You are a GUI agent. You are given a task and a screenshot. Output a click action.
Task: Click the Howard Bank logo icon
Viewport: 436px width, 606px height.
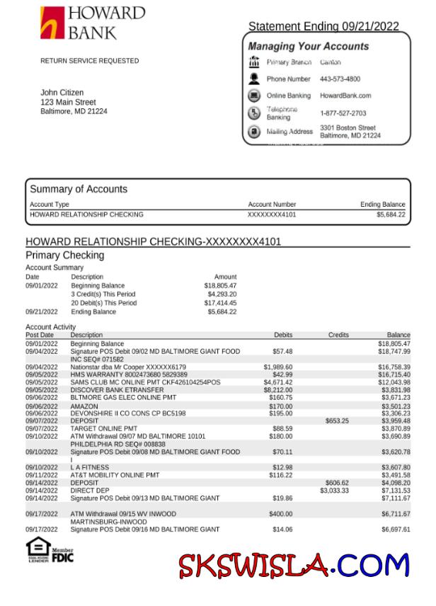point(51,23)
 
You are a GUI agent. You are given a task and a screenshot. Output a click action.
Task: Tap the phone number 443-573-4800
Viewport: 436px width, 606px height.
point(340,79)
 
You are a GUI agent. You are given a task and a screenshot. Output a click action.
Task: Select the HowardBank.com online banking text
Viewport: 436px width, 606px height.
point(345,96)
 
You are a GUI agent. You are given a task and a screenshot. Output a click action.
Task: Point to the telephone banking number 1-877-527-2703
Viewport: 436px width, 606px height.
point(343,113)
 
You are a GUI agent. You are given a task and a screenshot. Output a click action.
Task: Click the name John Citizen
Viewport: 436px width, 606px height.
point(62,93)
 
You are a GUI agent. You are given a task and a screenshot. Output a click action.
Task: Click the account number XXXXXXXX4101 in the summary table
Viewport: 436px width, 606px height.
point(272,215)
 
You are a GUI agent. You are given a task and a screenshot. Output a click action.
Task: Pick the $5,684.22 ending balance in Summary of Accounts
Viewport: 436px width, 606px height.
point(391,215)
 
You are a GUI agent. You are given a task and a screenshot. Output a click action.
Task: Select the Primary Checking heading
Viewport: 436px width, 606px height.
point(64,255)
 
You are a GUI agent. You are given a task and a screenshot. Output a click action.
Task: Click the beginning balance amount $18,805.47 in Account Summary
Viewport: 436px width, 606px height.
point(220,285)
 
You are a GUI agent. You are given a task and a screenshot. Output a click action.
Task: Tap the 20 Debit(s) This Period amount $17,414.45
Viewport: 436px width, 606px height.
point(220,303)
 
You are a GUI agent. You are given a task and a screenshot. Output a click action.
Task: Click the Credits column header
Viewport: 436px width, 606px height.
point(338,335)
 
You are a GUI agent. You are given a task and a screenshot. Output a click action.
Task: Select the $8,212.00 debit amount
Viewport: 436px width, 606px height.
point(278,390)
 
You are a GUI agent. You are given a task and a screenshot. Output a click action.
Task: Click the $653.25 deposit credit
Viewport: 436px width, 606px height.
point(337,421)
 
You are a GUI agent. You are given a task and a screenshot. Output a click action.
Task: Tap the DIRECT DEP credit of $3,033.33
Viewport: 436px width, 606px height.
point(334,491)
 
